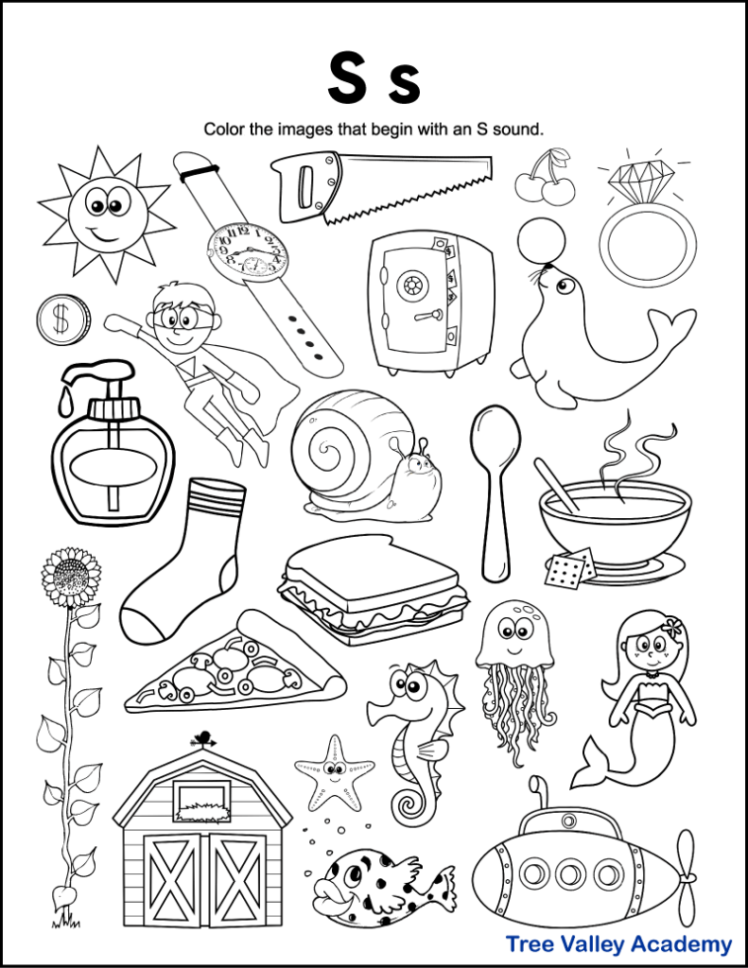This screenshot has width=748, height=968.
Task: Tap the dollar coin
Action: click(x=63, y=320)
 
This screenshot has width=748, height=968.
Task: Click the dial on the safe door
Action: click(x=413, y=285)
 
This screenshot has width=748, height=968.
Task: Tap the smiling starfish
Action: click(x=333, y=769)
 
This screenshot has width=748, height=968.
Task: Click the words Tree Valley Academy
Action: click(x=618, y=943)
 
